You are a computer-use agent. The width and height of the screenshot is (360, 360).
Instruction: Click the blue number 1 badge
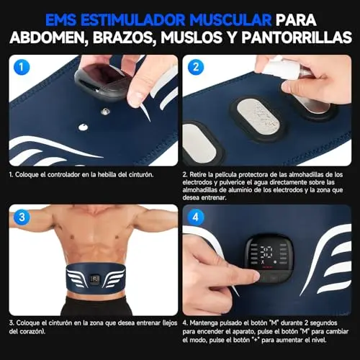pos(22,67)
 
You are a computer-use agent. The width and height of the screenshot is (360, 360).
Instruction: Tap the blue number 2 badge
pos(196,67)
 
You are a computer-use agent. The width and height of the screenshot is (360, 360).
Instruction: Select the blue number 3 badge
pos(22,217)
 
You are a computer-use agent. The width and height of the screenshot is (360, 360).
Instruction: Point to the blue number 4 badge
pos(196,217)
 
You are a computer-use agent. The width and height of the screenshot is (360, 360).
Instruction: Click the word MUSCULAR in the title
pos(230,19)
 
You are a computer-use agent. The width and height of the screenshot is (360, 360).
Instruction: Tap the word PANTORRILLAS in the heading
pos(297,37)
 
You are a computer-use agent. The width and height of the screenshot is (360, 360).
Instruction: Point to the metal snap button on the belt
pos(105,111)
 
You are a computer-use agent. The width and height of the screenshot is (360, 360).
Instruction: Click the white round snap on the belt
pos(83,127)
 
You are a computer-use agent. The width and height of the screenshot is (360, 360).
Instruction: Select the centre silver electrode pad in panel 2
pos(258,117)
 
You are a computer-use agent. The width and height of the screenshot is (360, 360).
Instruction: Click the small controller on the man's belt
pos(94,279)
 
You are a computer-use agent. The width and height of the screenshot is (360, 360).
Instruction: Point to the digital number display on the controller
pos(267,251)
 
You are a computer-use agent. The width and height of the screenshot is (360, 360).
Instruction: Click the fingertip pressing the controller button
pos(253,276)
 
